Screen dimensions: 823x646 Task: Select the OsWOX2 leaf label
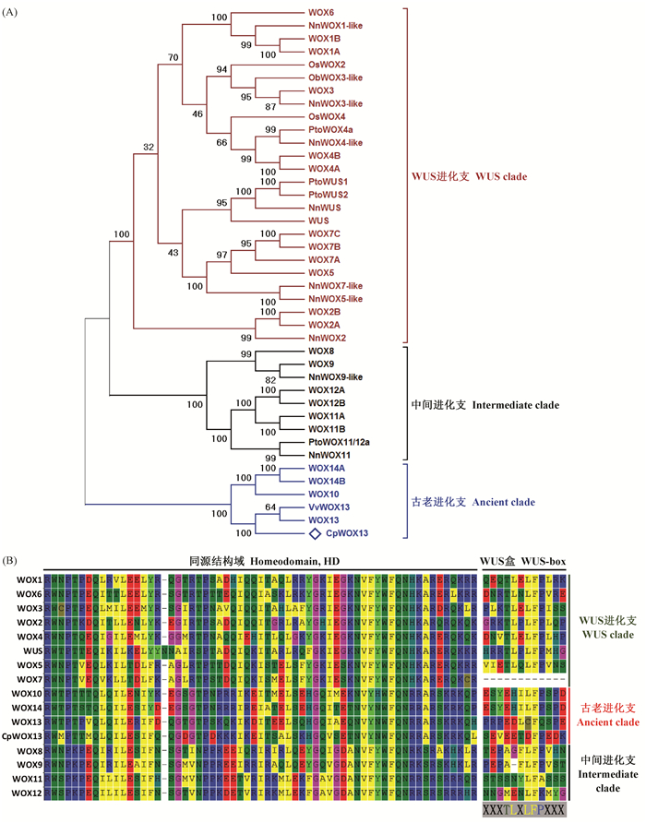point(327,65)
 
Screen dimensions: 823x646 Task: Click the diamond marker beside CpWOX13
point(315,533)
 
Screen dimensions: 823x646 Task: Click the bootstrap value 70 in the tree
point(173,58)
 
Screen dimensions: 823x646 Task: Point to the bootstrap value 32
point(148,146)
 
